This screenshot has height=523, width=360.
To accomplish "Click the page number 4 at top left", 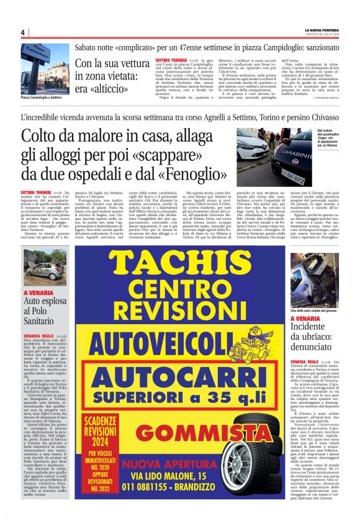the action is point(22,32).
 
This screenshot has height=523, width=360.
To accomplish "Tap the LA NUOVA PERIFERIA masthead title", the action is point(320,29).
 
